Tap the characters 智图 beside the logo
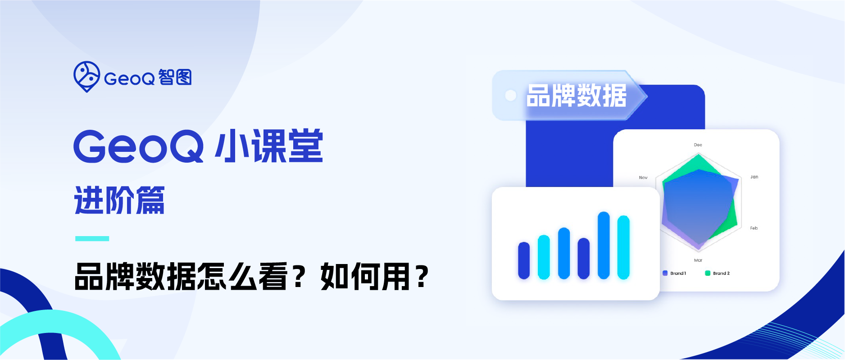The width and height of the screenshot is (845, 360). (x=175, y=77)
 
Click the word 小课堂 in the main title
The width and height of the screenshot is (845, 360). (x=269, y=146)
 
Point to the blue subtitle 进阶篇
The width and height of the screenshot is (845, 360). (x=119, y=200)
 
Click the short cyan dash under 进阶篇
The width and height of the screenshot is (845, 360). (x=92, y=238)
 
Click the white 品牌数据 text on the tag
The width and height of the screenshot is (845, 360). (x=577, y=96)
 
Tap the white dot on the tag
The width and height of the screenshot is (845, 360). (x=510, y=96)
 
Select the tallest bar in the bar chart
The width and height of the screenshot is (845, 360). (x=604, y=245)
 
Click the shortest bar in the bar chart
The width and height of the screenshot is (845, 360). (x=524, y=260)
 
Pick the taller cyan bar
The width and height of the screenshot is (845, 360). (x=623, y=247)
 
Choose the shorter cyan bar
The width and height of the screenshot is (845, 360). (x=544, y=257)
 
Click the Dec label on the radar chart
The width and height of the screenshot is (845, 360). (x=698, y=145)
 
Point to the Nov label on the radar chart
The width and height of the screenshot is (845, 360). (x=643, y=178)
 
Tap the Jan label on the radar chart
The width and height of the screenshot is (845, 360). (x=754, y=177)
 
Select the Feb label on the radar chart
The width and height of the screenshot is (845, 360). (x=754, y=228)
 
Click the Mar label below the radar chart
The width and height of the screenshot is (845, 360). (x=698, y=260)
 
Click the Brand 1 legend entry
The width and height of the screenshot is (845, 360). (x=674, y=273)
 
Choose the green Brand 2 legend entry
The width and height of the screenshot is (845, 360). (x=717, y=273)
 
